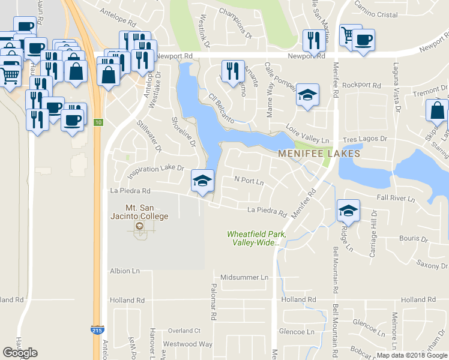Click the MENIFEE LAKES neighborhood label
click(319, 154)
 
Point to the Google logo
click(20, 353)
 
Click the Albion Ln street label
click(124, 271)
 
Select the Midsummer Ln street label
click(244, 277)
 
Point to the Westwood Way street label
click(188, 344)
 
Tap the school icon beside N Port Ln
click(203, 180)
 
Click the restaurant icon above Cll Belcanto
click(232, 71)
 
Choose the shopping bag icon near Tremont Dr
click(437, 110)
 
